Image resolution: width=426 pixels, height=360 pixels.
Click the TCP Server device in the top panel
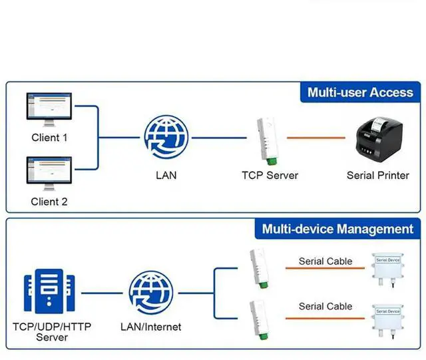[269, 140]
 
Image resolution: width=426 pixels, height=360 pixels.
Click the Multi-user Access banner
[360, 92]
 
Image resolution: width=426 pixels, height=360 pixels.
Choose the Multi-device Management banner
[337, 229]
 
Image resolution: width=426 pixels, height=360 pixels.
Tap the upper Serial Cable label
[325, 262]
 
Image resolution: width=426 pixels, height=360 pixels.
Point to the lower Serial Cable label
[325, 307]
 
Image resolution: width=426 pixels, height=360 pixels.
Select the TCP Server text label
[270, 176]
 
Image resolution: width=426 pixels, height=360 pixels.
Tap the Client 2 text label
[50, 201]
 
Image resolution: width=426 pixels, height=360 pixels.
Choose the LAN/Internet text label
[150, 327]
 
